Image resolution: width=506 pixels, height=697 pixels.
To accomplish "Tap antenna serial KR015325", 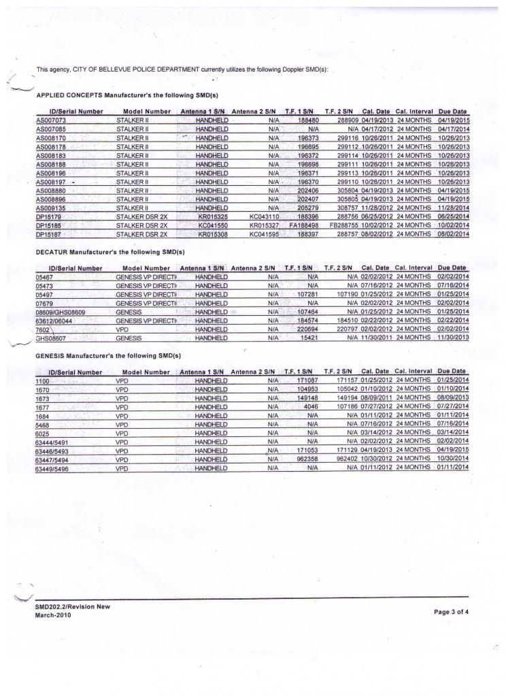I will pos(212,216).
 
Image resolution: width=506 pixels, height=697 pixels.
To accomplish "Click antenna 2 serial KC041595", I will pos(265,233).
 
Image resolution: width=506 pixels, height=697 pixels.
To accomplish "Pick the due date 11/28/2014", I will pos(454,207).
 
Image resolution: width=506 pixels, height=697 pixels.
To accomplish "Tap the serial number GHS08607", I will pos(51,338).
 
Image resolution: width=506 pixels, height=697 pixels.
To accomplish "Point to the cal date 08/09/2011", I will pos(376,397).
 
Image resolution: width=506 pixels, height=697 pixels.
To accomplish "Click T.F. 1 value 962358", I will pos(307,459).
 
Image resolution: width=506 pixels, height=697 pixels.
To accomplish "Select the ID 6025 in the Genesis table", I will pos(43,433).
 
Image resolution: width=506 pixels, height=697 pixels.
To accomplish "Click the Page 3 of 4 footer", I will pos(451,611).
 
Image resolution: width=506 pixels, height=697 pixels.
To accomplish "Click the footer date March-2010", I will pos(53,615).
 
